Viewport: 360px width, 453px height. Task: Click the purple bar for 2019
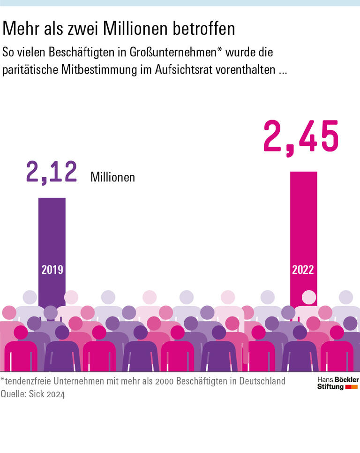[x=52, y=234]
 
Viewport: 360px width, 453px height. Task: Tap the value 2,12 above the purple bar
[x=52, y=172]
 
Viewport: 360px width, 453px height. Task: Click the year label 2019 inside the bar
[x=52, y=270]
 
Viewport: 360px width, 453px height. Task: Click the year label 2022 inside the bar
[x=303, y=270]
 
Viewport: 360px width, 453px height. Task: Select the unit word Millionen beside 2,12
[x=112, y=177]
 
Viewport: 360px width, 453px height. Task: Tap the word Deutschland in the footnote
[x=261, y=381]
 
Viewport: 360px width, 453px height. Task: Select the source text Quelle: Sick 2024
[x=33, y=394]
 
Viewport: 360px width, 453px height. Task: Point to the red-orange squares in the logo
[x=351, y=387]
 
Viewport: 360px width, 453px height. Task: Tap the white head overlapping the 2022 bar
[x=308, y=297]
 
